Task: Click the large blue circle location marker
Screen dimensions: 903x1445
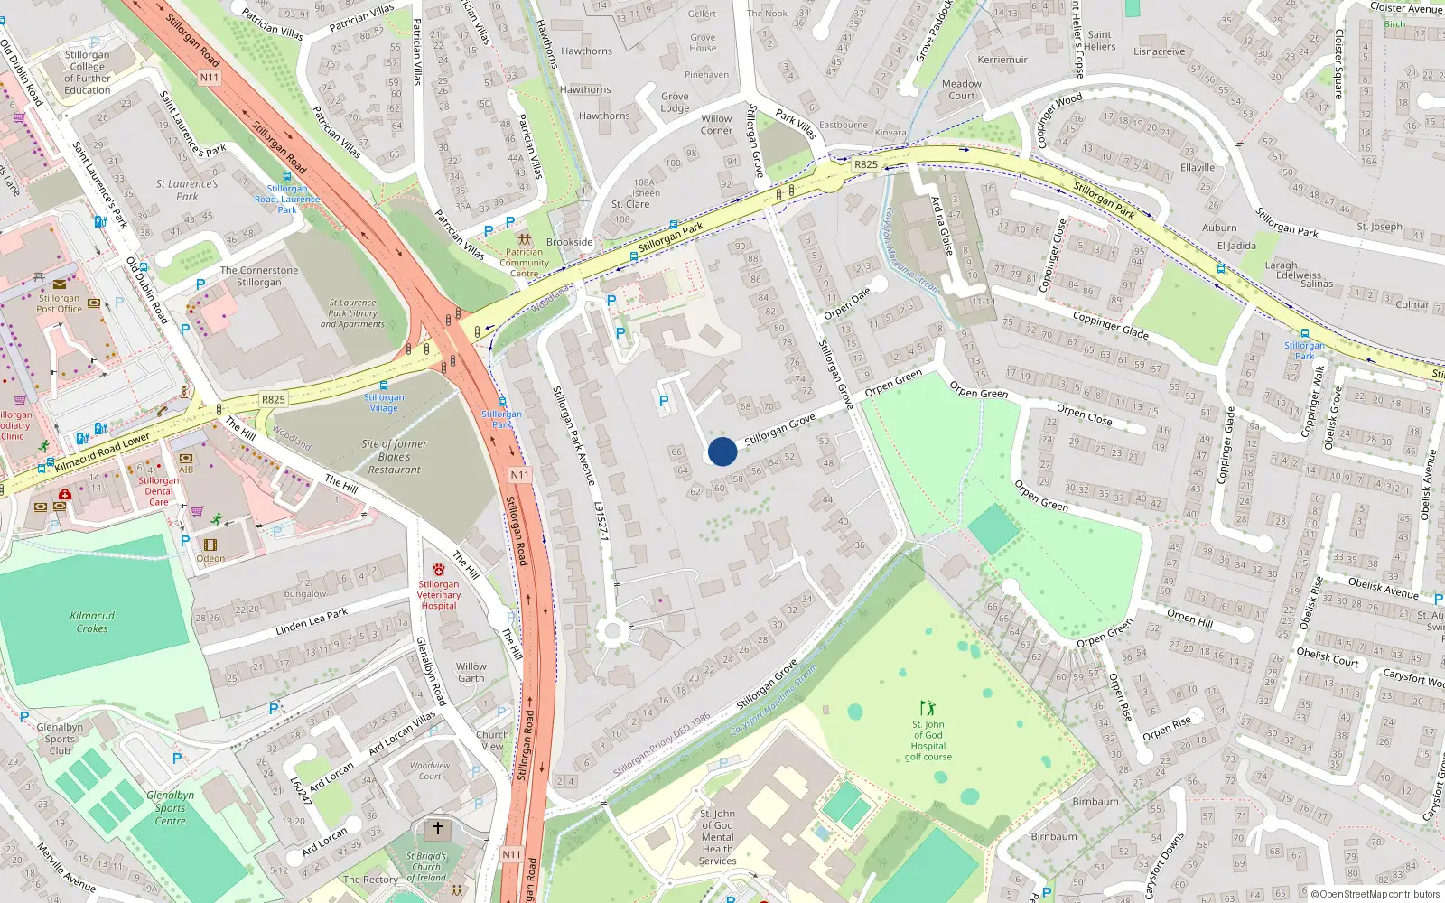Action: (722, 451)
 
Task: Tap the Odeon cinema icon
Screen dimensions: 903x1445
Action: (210, 545)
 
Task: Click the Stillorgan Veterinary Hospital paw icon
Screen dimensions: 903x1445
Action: (439, 570)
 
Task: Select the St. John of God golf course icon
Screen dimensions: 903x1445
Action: (928, 708)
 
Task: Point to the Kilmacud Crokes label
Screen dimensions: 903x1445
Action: (92, 622)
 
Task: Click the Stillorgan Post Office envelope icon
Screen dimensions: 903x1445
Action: (60, 284)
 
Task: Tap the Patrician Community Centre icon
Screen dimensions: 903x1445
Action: (524, 239)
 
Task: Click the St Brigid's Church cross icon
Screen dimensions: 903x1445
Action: (438, 828)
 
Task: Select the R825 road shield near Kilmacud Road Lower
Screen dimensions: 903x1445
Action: (273, 399)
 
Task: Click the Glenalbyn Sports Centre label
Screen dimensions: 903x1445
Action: (170, 808)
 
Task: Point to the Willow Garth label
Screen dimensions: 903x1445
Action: (471, 673)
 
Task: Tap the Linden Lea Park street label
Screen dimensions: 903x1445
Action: (312, 621)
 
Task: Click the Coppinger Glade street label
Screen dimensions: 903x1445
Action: (1110, 325)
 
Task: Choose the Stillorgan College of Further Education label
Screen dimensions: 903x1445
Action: (88, 72)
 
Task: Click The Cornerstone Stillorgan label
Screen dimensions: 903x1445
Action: (259, 276)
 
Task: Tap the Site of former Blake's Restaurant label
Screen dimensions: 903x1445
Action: (395, 456)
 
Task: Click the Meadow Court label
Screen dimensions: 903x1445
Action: (961, 89)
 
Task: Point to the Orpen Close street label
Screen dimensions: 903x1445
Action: (1085, 414)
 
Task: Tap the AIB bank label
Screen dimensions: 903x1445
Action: (186, 470)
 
